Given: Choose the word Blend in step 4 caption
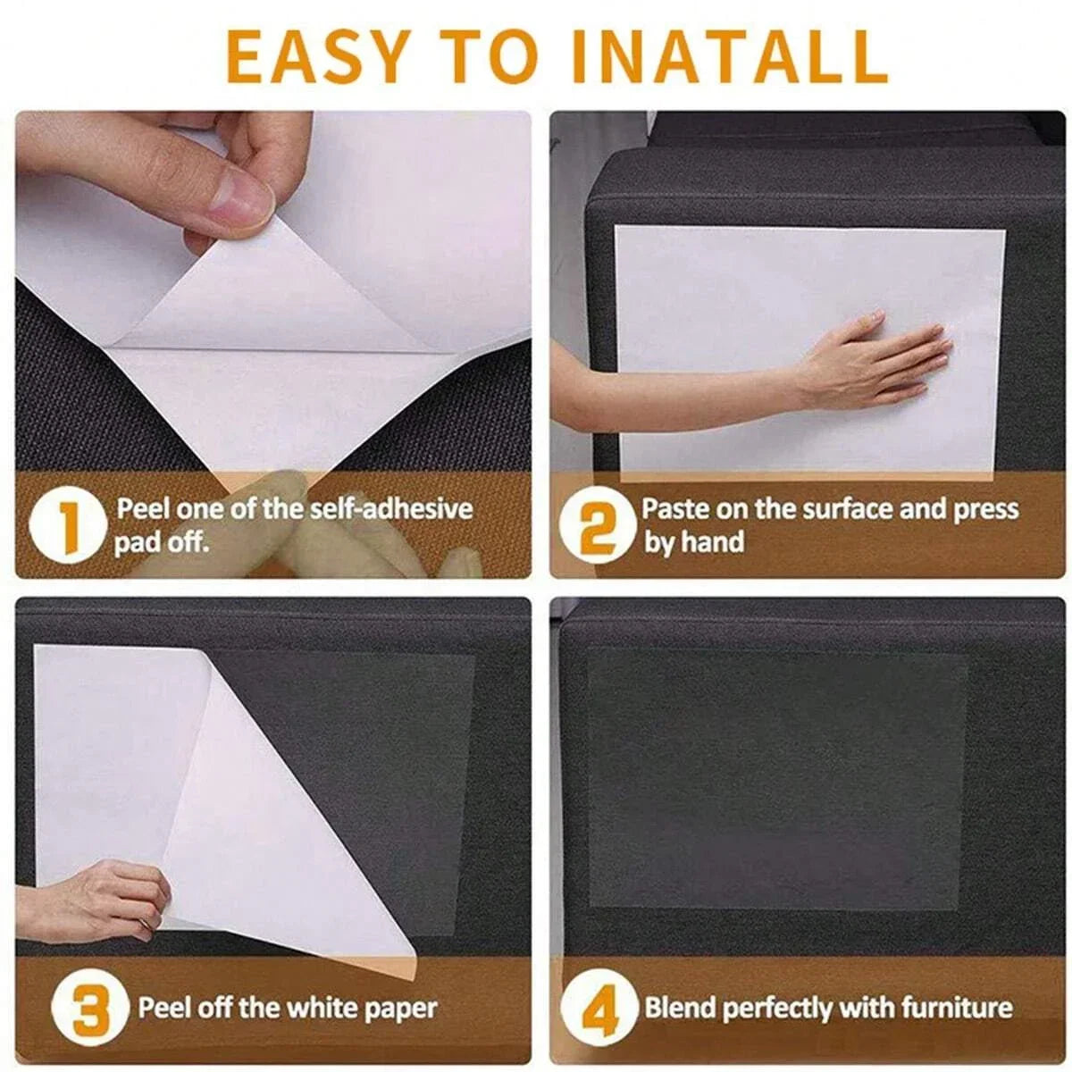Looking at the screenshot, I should [x=681, y=1009].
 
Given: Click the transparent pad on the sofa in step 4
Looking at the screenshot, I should [x=777, y=777].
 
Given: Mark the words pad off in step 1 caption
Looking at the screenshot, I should [x=161, y=542].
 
